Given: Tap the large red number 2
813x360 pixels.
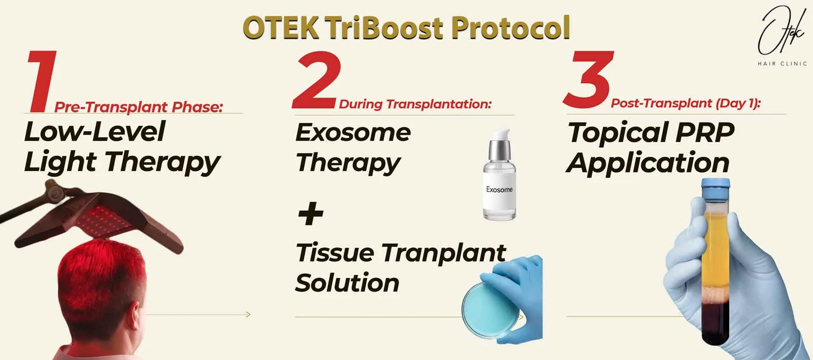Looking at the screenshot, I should pos(317,80).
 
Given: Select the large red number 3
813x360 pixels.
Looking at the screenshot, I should pos(589,80).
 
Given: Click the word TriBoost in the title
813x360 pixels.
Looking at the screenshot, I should pos(385,28).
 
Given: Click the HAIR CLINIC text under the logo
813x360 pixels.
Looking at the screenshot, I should pos(782,64).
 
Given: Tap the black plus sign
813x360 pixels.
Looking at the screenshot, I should pos(310,213).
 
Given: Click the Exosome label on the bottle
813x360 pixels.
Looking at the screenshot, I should pos(499,190).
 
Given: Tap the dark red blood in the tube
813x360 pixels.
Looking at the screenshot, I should pos(716,322).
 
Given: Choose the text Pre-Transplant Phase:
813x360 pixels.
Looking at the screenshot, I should pos(138,107).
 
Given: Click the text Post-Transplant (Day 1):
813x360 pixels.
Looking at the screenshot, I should pos(686,103).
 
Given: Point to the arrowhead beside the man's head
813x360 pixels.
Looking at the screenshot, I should pos(248,314).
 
